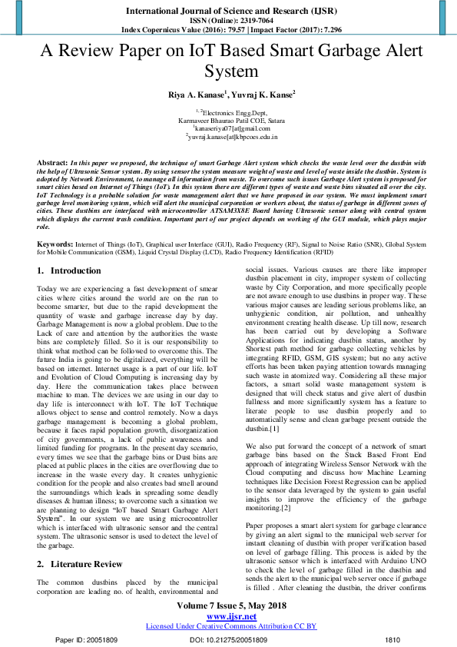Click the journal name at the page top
pos(228,11)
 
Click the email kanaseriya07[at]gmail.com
pos(227,128)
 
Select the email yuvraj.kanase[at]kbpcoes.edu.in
pos(228,137)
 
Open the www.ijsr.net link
pos(231,616)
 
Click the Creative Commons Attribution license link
pos(231,625)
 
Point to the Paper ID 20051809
pos(85,639)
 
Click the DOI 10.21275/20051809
pos(228,639)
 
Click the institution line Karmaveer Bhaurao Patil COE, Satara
pos(227,120)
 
